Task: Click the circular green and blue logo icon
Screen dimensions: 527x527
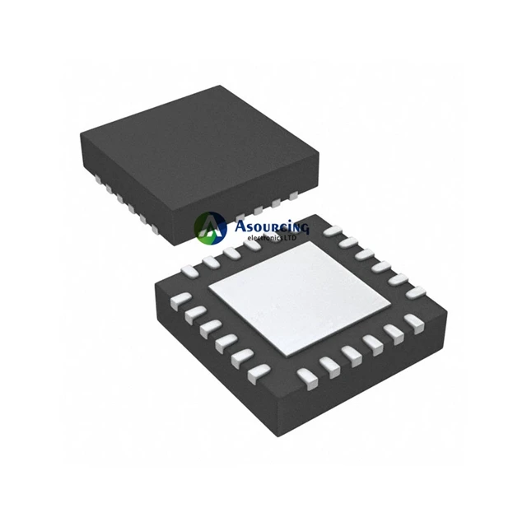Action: coord(211,228)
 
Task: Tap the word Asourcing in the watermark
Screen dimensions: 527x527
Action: coord(271,227)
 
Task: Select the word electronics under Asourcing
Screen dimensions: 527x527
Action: coord(266,238)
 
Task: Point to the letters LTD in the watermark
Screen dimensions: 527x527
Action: coord(291,238)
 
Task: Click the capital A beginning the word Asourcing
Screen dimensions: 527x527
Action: coord(240,226)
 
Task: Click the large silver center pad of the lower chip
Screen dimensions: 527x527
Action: coord(300,298)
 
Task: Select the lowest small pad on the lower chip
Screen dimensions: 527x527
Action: coord(308,379)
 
